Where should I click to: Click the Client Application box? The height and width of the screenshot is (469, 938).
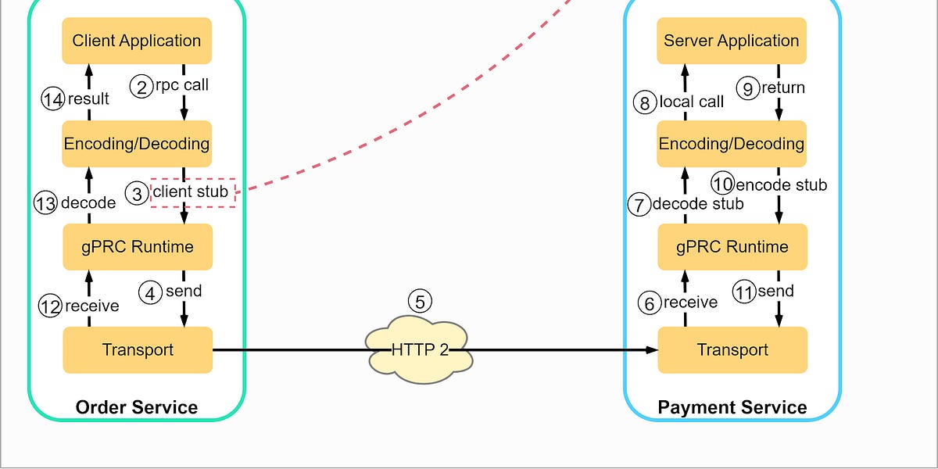click(x=137, y=41)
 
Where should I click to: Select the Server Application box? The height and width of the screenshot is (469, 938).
click(x=732, y=41)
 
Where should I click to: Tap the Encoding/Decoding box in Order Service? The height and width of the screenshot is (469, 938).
click(x=137, y=144)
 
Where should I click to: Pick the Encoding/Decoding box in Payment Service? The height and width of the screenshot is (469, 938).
click(x=732, y=144)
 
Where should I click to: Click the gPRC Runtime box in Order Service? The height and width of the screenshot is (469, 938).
click(x=137, y=247)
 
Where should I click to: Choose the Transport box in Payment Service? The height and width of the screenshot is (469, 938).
click(x=732, y=350)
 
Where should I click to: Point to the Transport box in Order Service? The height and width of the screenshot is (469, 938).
click(x=137, y=350)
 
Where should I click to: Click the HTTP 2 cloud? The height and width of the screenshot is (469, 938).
click(x=420, y=350)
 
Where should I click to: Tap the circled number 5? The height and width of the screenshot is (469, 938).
click(x=420, y=302)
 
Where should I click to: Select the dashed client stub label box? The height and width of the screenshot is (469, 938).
click(x=192, y=192)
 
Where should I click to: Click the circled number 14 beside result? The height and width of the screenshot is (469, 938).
click(x=53, y=100)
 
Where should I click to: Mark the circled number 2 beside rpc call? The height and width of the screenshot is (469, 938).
click(x=141, y=87)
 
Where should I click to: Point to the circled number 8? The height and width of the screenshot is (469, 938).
click(x=645, y=102)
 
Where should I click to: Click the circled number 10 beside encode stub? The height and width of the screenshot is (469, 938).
click(x=723, y=184)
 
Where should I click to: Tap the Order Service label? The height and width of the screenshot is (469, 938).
click(x=137, y=407)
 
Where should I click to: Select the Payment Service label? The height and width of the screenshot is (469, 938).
click(x=732, y=407)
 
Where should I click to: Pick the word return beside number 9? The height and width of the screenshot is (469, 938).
click(x=782, y=88)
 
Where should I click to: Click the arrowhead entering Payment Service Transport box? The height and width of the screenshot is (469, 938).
click(x=653, y=350)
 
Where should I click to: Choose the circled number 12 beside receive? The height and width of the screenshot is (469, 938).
click(x=50, y=306)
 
